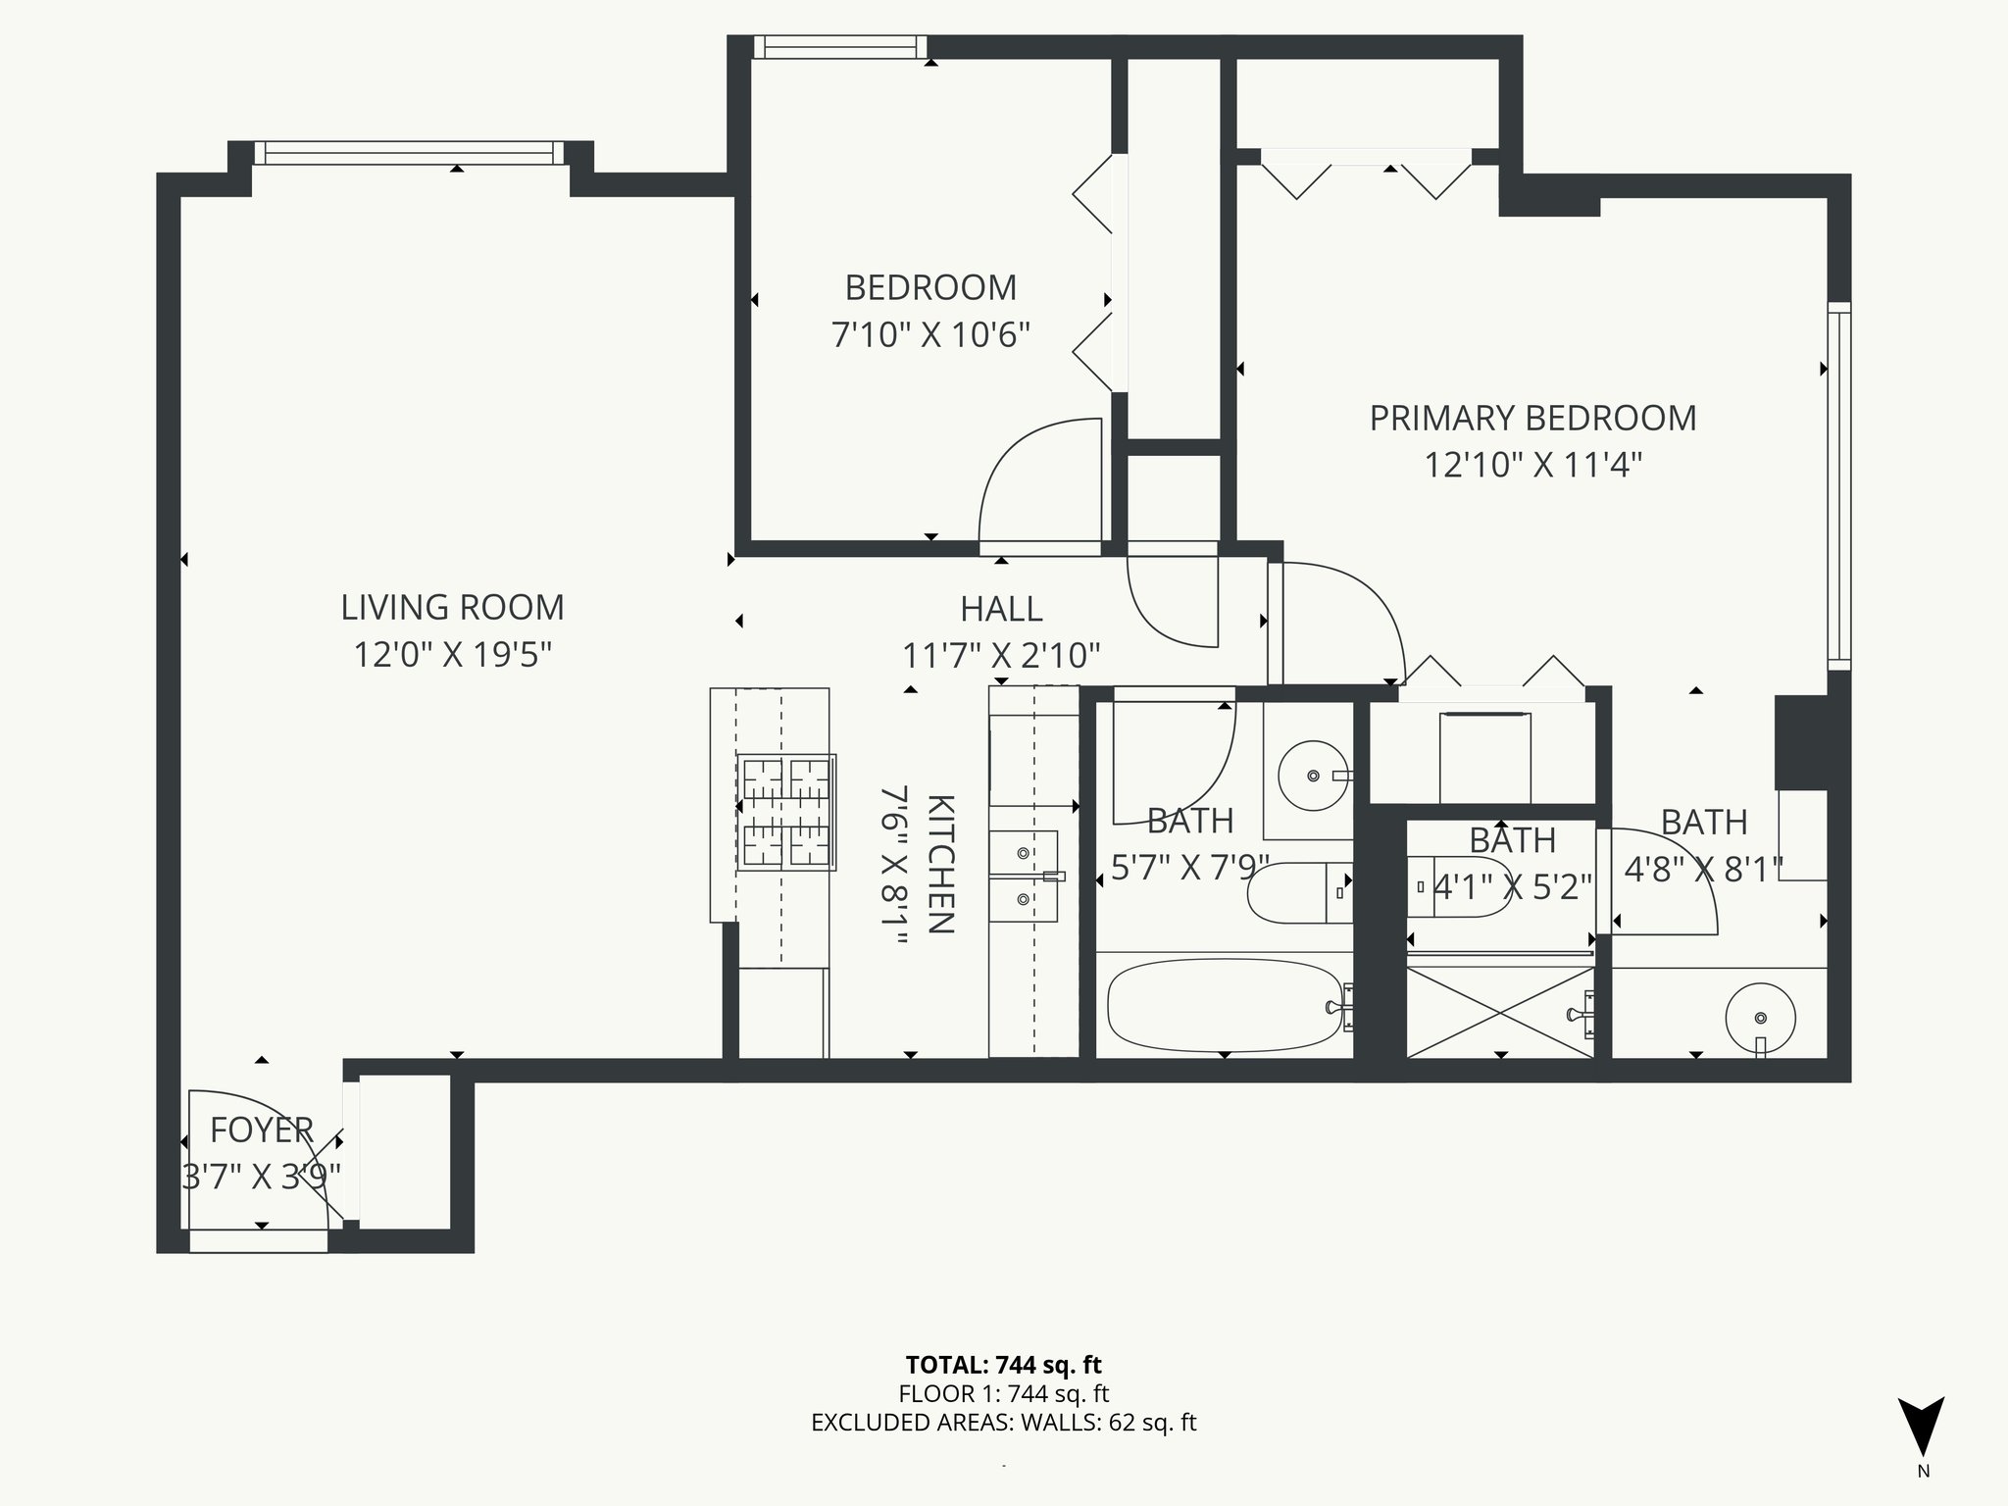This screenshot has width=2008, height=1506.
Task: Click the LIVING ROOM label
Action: pyautogui.click(x=452, y=607)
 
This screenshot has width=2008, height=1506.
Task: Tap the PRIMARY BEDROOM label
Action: pyautogui.click(x=1532, y=418)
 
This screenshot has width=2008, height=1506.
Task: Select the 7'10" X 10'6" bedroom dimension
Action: pyautogui.click(x=930, y=335)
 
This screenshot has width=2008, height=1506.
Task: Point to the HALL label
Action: pyautogui.click(x=1001, y=609)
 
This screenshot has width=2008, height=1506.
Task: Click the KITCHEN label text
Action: pyautogui.click(x=939, y=864)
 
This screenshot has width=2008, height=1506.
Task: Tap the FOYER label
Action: pyautogui.click(x=262, y=1130)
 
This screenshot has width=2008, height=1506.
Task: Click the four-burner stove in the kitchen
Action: pyautogui.click(x=786, y=812)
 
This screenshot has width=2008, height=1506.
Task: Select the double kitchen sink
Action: pyautogui.click(x=1023, y=876)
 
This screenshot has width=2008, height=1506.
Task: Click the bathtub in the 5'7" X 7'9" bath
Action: pyautogui.click(x=1225, y=1005)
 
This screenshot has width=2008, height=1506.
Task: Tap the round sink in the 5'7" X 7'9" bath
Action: pyautogui.click(x=1313, y=777)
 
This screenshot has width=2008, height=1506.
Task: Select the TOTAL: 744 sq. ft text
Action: pyautogui.click(x=1003, y=1365)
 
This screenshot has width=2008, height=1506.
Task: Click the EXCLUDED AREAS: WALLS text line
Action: pyautogui.click(x=1003, y=1423)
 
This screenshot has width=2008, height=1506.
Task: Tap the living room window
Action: pyautogui.click(x=410, y=153)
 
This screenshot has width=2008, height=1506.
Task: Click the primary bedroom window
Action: pyautogui.click(x=1839, y=486)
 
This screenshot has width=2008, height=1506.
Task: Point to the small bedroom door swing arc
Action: pyautogui.click(x=1039, y=479)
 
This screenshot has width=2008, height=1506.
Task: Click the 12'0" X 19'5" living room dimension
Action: pyautogui.click(x=452, y=655)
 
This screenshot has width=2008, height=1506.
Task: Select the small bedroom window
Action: pyautogui.click(x=840, y=47)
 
